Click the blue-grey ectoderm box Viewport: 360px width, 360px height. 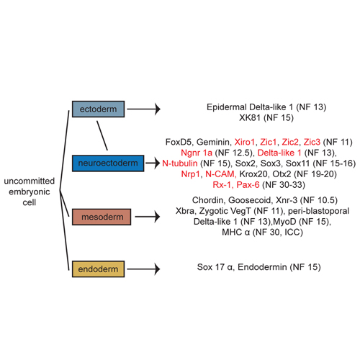[x=98, y=109]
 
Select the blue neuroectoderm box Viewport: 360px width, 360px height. [x=108, y=163]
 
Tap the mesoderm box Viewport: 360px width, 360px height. [x=102, y=217]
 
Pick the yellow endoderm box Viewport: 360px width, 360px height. [x=98, y=269]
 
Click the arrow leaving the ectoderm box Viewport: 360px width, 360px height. [x=143, y=109]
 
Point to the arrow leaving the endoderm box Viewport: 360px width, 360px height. [x=143, y=269]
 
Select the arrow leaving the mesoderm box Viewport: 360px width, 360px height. [x=148, y=217]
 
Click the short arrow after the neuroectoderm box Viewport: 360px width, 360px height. [x=153, y=163]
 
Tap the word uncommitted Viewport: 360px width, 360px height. [x=30, y=181]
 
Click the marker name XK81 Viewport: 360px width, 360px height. [x=250, y=117]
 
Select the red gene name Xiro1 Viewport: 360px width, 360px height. [x=244, y=142]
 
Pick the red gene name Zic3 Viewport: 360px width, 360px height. [x=312, y=142]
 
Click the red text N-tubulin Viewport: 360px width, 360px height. [x=180, y=163]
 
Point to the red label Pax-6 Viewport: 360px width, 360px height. [x=248, y=184]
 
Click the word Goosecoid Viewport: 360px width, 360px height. [x=250, y=200]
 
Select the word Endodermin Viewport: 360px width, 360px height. [x=262, y=267]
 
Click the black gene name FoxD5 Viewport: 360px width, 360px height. [x=179, y=142]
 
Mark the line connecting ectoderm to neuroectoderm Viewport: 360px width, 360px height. [x=102, y=135]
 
